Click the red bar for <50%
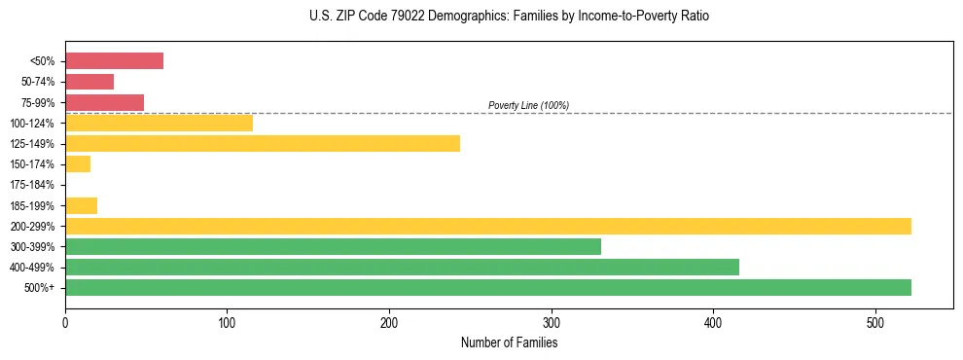(114, 61)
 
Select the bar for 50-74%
(89, 82)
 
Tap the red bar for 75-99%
(104, 102)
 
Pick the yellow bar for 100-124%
(159, 123)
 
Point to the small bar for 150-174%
(78, 164)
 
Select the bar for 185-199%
(81, 205)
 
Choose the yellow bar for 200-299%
(487, 226)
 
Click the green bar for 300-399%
(333, 246)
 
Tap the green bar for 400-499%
(402, 267)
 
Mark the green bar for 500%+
(487, 287)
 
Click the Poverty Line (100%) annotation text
(528, 105)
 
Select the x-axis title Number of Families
(509, 342)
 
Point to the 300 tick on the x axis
(552, 322)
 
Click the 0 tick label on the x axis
(65, 322)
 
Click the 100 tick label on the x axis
(227, 322)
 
